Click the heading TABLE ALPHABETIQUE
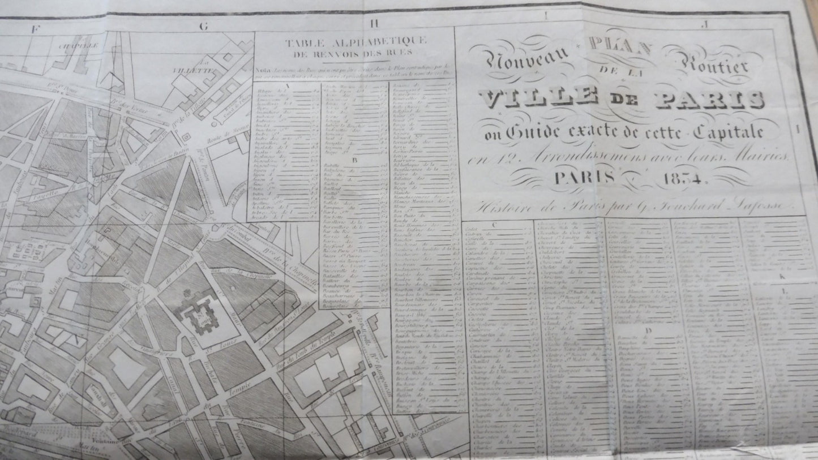pos(356,44)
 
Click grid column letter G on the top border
pos(204,26)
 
